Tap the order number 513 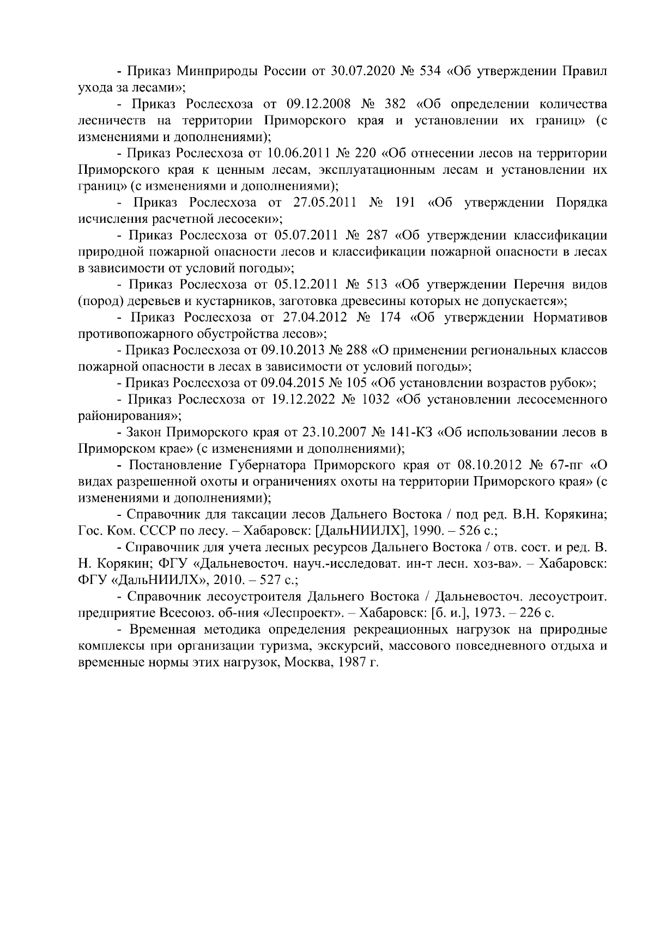pyautogui.click(x=375, y=284)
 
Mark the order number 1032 pyautogui.click(x=376, y=400)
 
